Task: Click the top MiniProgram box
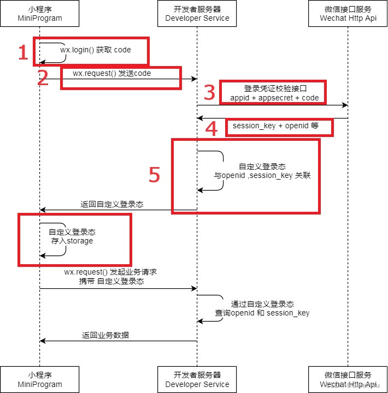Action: click(39, 14)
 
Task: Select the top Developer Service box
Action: click(197, 14)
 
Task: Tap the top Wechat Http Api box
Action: click(348, 14)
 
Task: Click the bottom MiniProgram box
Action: click(39, 380)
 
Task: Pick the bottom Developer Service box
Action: click(197, 380)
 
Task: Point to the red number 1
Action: click(23, 53)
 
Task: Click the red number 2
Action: click(43, 78)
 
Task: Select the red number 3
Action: click(209, 93)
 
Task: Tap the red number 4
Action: click(211, 129)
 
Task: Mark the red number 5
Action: click(155, 175)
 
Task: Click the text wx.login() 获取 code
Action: click(96, 50)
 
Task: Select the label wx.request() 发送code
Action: click(111, 73)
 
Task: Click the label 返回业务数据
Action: click(105, 335)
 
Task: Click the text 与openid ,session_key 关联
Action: click(262, 176)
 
